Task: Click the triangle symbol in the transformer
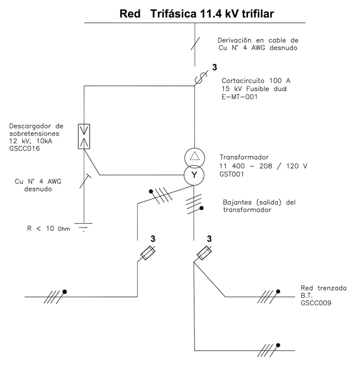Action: click(194, 158)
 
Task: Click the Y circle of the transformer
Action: click(194, 174)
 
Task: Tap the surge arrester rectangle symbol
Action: click(84, 136)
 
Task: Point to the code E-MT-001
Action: click(239, 97)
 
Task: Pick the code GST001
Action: click(233, 175)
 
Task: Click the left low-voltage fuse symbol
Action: click(146, 254)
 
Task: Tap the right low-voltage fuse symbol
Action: click(204, 254)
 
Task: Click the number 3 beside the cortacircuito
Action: click(214, 68)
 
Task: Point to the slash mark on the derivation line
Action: click(196, 42)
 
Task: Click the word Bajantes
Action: click(238, 202)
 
